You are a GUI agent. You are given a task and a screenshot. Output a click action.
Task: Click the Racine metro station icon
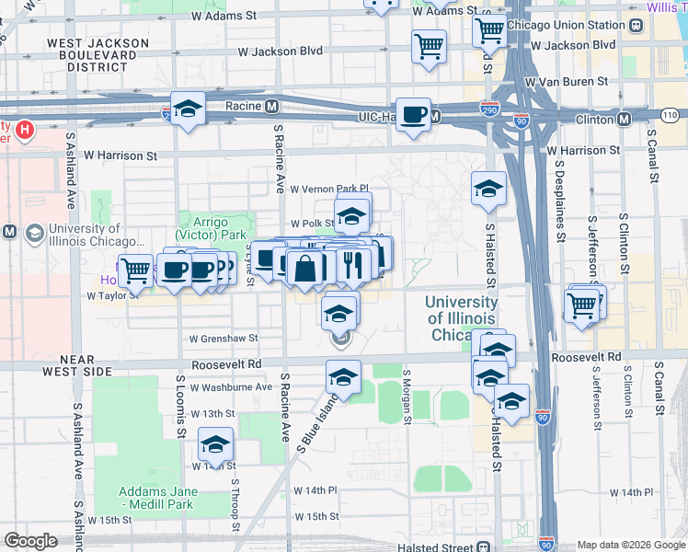(x=272, y=106)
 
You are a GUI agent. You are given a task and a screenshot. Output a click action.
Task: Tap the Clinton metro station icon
(x=624, y=119)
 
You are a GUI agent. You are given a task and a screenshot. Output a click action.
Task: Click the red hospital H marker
(x=25, y=131)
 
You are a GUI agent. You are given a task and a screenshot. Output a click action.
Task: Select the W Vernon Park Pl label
(x=328, y=189)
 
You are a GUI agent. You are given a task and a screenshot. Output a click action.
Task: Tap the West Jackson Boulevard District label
(x=97, y=54)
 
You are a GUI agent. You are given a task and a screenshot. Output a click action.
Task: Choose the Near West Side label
(x=58, y=364)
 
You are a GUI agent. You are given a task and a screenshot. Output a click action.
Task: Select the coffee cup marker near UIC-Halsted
(x=414, y=115)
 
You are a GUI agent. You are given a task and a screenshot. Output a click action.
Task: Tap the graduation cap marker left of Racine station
(x=188, y=109)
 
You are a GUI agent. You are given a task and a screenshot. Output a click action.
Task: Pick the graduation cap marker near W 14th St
(x=216, y=445)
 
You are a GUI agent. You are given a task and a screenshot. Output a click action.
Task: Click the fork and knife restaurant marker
(x=353, y=266)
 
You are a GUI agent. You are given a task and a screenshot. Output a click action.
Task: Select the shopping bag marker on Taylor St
(x=304, y=269)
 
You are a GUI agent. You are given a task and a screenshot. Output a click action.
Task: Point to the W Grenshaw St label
(x=224, y=339)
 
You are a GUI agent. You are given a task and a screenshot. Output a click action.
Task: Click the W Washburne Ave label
(x=232, y=387)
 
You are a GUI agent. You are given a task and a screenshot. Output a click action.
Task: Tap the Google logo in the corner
(x=30, y=541)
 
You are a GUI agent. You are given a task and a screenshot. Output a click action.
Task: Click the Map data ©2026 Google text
(x=630, y=544)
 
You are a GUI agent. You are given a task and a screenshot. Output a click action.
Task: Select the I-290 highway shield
(x=489, y=108)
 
